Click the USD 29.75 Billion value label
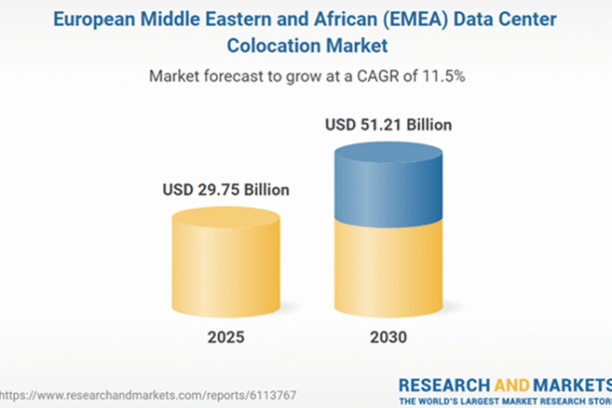click(x=222, y=189)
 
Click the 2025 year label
click(x=222, y=335)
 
